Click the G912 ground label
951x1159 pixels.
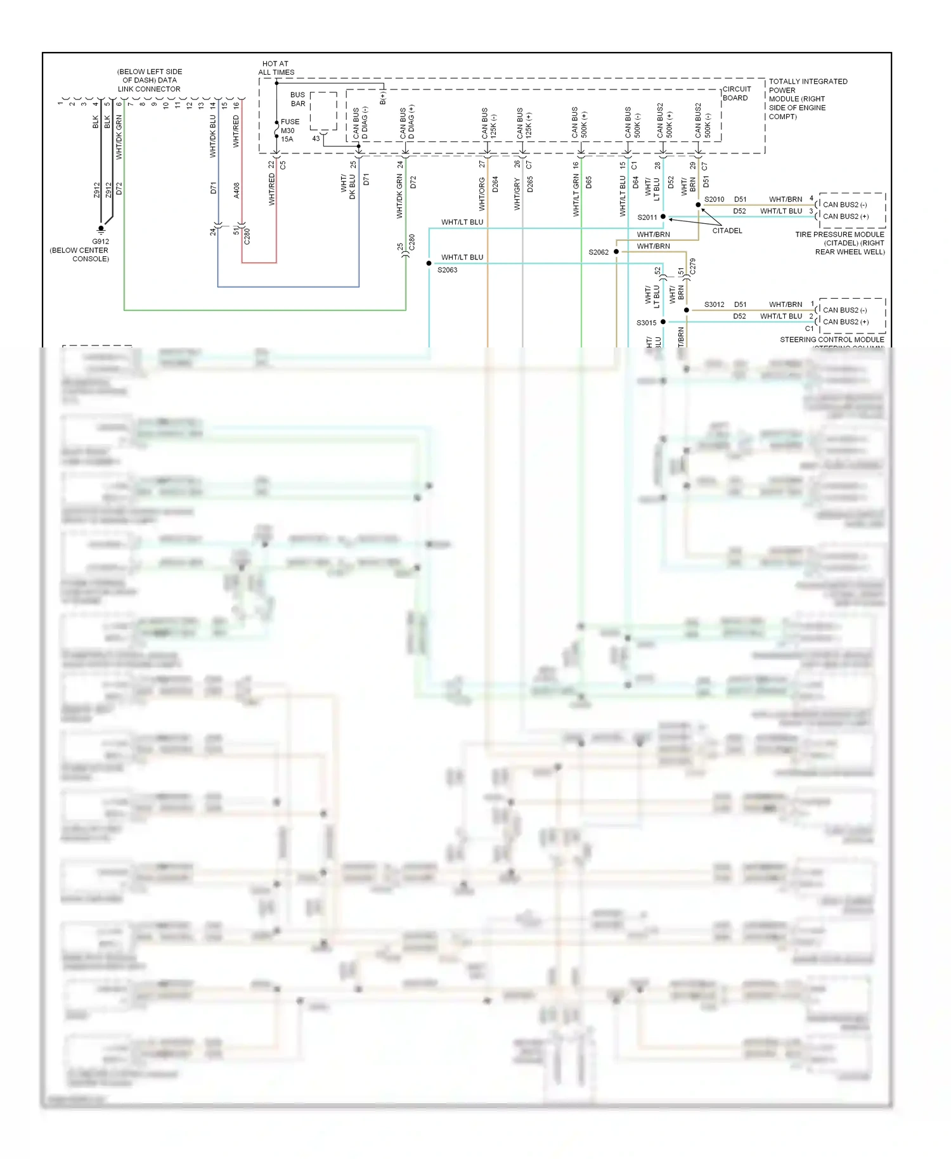100,242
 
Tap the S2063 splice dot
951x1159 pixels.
429,263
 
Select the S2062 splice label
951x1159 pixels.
598,252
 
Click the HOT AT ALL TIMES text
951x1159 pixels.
276,68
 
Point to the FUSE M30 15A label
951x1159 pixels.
289,130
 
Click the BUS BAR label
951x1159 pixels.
297,99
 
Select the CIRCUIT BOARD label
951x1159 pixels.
736,93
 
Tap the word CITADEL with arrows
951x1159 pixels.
727,231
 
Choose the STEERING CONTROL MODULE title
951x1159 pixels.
832,340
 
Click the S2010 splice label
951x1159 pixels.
714,199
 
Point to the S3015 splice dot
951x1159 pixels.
663,322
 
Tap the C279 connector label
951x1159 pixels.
692,266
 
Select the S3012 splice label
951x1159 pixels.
714,304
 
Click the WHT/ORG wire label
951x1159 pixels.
482,193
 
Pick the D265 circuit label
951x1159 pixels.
530,184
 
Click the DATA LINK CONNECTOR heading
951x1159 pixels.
149,81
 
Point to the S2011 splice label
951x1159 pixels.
647,217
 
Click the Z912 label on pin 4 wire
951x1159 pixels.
96,190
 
